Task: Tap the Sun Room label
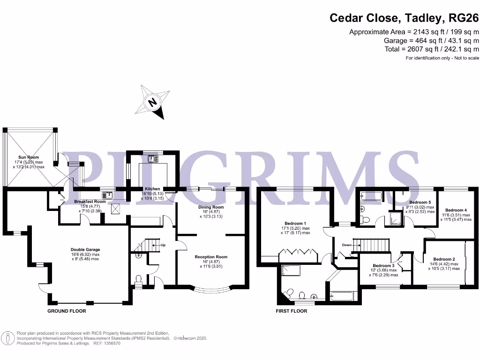pos(29,157)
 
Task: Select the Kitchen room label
pos(152,188)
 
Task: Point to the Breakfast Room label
pos(90,202)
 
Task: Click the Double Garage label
pos(85,250)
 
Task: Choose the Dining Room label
pos(211,207)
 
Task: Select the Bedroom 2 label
pos(444,259)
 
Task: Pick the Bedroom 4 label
pos(456,210)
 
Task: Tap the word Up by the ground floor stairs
pos(163,245)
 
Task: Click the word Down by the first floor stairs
pos(347,245)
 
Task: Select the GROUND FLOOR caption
pos(67,311)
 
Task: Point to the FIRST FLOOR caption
pos(292,311)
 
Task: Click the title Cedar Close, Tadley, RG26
pos(404,18)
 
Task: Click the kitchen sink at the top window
pos(153,159)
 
